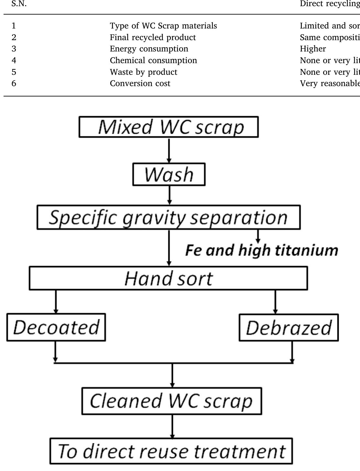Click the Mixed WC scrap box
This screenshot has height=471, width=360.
coord(169,127)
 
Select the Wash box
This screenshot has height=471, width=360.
coord(169,174)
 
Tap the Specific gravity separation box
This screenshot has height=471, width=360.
coord(169,217)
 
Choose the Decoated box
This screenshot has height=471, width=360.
coord(56,327)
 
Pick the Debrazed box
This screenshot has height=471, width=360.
coord(289,328)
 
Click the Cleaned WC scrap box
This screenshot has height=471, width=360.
coord(171,401)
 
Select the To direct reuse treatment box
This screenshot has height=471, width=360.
coord(171,451)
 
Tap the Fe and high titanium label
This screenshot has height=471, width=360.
coord(262,251)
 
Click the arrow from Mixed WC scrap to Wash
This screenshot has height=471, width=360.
coord(169,150)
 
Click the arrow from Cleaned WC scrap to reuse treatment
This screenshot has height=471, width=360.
coord(172,426)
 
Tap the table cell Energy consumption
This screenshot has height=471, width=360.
coord(149,49)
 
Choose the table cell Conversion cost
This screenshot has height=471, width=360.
coord(140,84)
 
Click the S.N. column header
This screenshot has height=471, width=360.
coord(19,4)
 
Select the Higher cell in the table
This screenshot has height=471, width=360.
coord(313,49)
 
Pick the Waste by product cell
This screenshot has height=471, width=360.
coord(144,72)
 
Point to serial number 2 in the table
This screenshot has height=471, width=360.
coord(14,37)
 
